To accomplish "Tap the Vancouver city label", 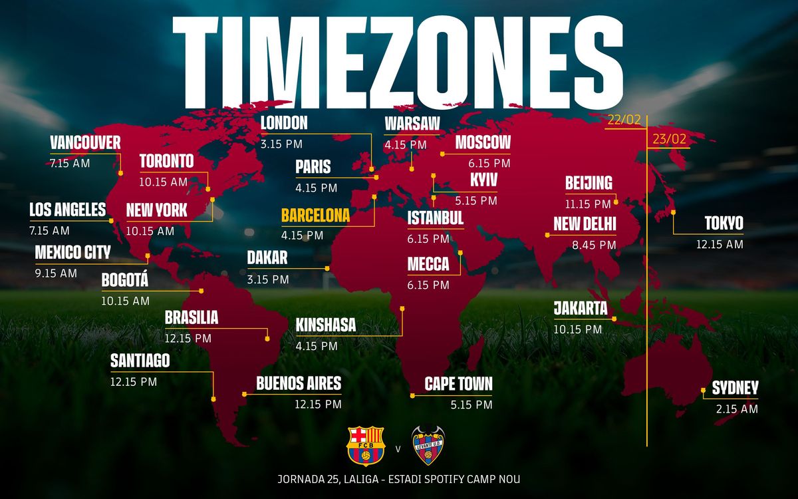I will click(x=85, y=142).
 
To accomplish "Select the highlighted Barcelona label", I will click(x=315, y=216).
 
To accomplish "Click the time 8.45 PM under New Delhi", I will click(x=594, y=245).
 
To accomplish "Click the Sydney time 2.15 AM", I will click(x=737, y=409).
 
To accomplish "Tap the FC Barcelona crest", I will click(x=366, y=445).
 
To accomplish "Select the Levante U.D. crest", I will click(x=428, y=445).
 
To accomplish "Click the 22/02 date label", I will click(x=624, y=120).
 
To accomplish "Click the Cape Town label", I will click(x=459, y=384).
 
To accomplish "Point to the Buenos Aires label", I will click(x=299, y=383).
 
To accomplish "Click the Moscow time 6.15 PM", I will click(x=489, y=163).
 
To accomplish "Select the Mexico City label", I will click(x=72, y=253).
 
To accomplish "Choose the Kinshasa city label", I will click(x=326, y=325).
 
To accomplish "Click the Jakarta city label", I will click(x=581, y=309).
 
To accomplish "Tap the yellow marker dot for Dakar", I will click(x=327, y=268).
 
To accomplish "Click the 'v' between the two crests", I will click(x=398, y=448).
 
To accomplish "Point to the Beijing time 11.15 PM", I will click(x=588, y=204).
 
